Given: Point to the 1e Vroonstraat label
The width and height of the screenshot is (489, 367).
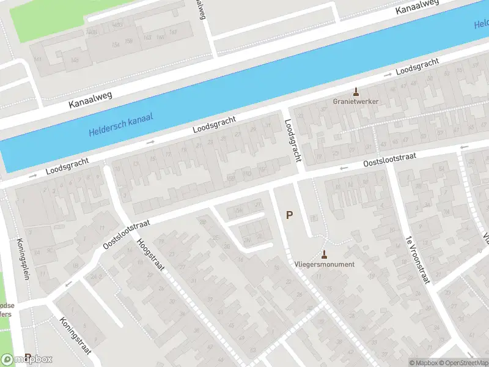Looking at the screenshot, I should click(x=417, y=259).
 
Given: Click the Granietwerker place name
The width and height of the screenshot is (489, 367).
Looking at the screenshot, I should click(x=356, y=101).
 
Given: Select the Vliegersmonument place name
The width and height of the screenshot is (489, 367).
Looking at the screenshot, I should click(x=324, y=264).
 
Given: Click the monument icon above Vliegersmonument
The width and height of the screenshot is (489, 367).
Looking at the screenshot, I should click(x=324, y=254).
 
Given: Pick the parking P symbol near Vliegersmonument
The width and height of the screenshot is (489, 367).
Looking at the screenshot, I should click(x=290, y=215).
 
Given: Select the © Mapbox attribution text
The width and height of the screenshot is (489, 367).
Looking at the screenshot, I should click(x=422, y=363).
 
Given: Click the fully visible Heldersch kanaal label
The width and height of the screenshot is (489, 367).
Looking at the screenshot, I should click(x=120, y=125).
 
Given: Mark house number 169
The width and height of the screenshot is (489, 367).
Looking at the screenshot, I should click(x=173, y=31).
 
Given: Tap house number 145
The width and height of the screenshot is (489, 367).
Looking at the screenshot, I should click(x=75, y=59).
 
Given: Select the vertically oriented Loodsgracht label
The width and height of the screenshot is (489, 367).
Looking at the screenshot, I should click(x=293, y=140).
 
